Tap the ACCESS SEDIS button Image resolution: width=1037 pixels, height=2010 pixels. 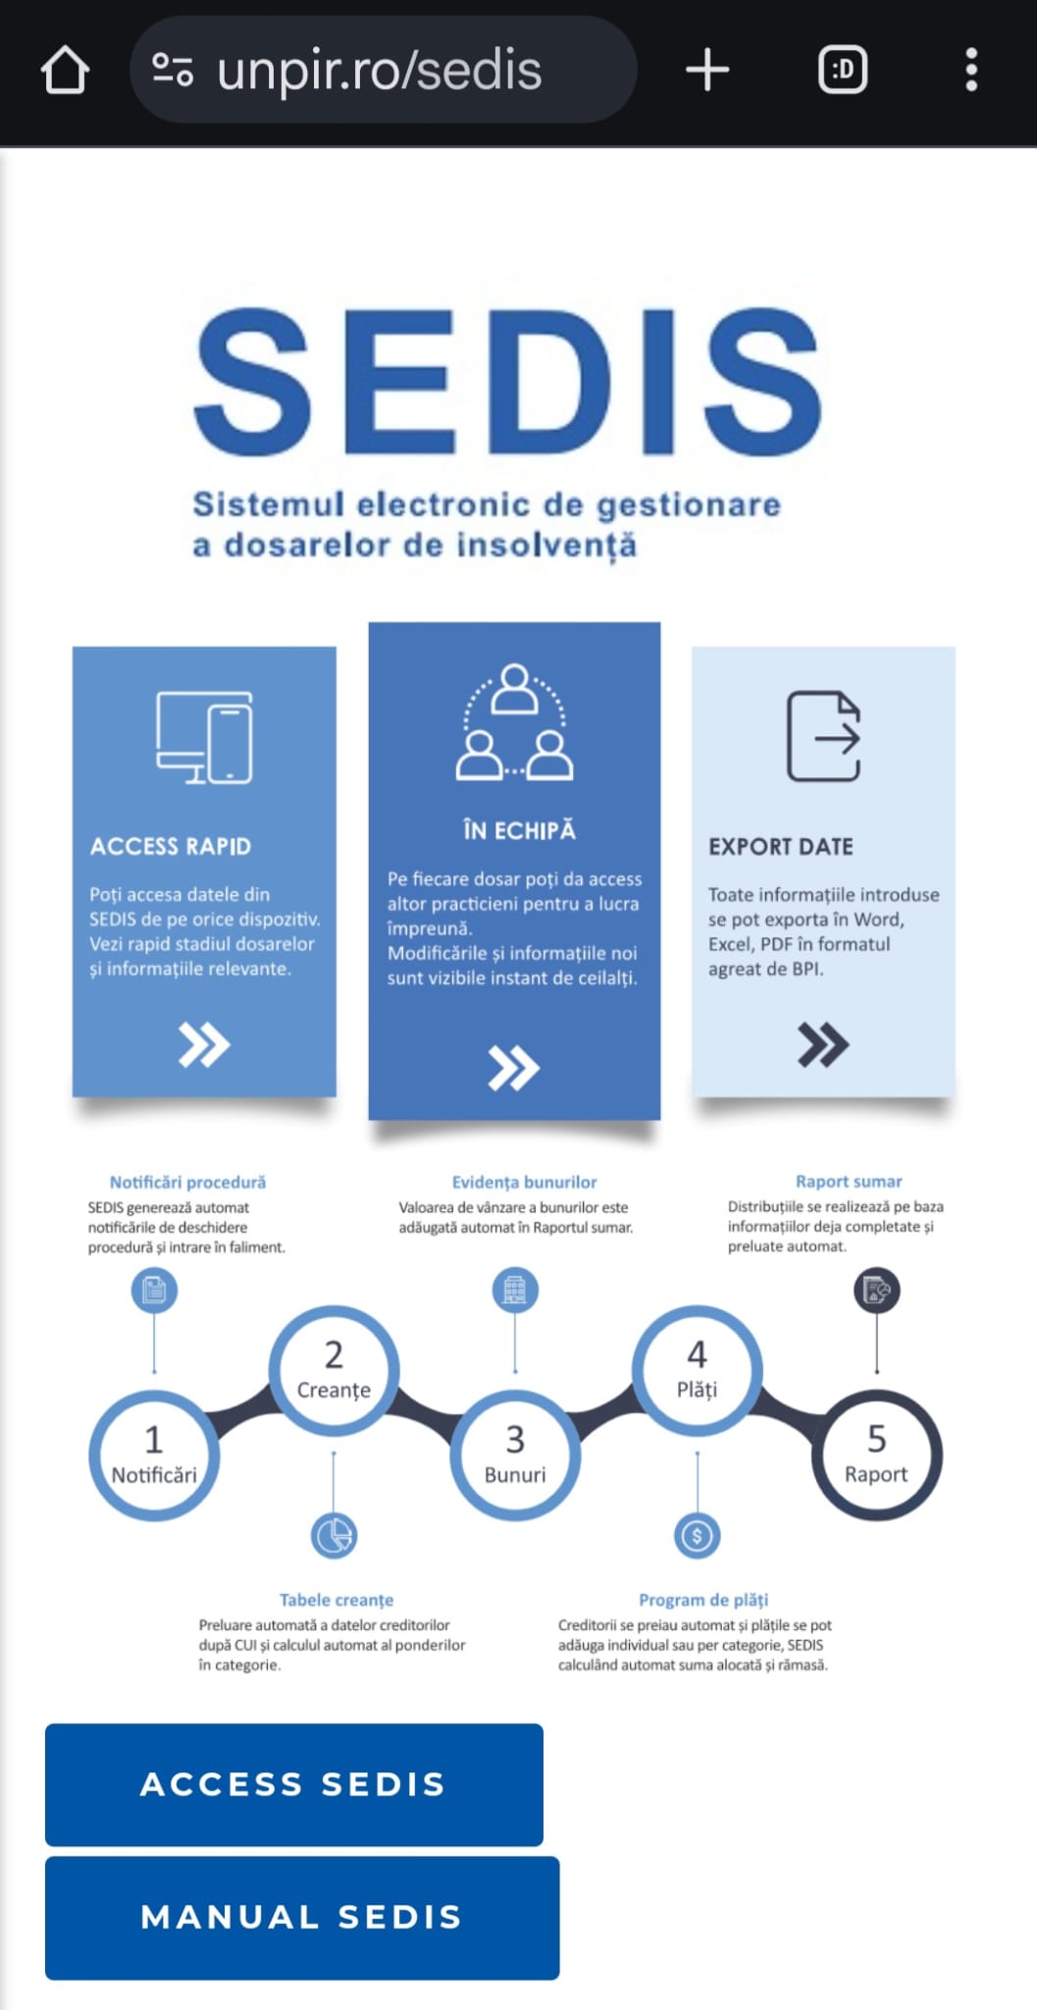point(293,1784)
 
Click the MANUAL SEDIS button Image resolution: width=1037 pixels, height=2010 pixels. point(302,1917)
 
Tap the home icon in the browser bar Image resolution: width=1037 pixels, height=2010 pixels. point(66,71)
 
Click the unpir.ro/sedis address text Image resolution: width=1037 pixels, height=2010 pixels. point(379,71)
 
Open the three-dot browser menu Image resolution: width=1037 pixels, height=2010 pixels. point(971,71)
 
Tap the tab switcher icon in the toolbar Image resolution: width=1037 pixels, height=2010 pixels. point(843,71)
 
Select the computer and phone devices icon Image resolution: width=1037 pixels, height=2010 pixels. point(204,737)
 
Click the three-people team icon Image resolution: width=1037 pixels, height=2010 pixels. point(514,722)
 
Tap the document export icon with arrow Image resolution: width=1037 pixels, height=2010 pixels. point(824,736)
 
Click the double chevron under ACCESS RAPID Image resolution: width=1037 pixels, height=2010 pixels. point(204,1044)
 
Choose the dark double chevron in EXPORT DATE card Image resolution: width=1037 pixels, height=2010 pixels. point(823,1044)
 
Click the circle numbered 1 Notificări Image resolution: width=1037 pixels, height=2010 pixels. point(154,1455)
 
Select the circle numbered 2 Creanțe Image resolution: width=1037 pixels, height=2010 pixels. point(334,1371)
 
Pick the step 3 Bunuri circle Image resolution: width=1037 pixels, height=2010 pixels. point(515,1455)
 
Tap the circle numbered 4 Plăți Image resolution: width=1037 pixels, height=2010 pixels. point(697,1371)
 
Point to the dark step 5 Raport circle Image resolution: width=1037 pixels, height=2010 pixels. point(877,1455)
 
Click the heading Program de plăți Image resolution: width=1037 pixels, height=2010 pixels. point(703,1600)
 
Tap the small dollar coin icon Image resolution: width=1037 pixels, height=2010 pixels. point(698,1536)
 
